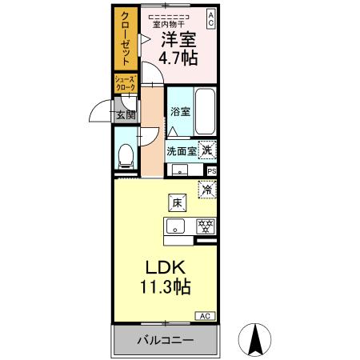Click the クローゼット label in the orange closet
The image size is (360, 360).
125,41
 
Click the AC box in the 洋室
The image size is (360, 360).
211,19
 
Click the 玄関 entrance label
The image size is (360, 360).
126,114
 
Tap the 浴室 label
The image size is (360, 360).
179,113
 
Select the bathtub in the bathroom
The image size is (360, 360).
205,113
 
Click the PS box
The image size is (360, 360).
212,170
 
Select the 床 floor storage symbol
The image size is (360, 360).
178,203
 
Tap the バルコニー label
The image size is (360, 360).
164,340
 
